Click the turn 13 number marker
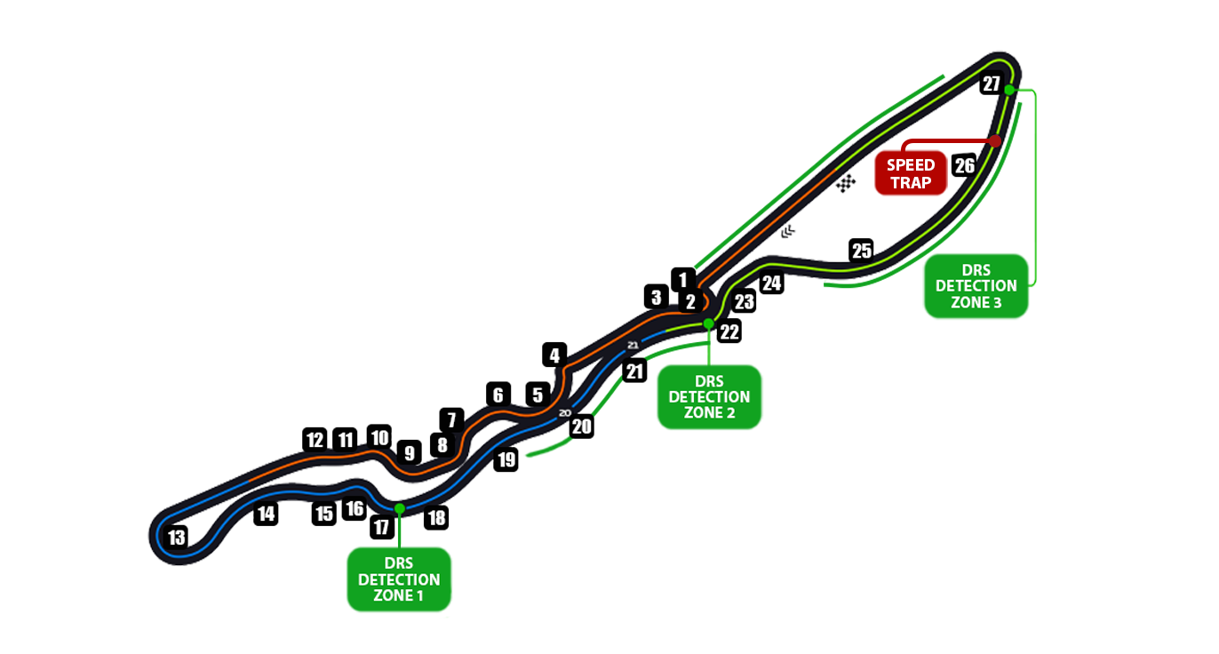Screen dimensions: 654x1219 pos(177,538)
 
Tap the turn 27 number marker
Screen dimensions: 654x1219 pos(991,84)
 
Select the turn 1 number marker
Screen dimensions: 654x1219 pos(682,278)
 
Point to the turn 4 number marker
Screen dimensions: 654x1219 pos(554,356)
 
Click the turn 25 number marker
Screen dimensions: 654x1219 pos(861,251)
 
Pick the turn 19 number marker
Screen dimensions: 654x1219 pos(506,459)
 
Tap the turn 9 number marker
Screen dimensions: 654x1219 pos(409,452)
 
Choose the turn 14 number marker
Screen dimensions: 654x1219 pos(266,513)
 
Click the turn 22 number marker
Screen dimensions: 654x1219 pos(729,332)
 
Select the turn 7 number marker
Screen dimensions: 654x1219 pos(451,419)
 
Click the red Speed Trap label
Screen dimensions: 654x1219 pos(911,173)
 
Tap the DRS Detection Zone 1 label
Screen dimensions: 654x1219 pos(399,579)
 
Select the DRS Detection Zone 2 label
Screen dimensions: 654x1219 pos(709,397)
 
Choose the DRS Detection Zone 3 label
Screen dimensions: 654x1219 pos(976,286)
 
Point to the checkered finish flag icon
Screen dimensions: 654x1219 pos(846,182)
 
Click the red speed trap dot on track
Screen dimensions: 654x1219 pos(996,140)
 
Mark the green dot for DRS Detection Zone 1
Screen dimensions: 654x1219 pos(399,508)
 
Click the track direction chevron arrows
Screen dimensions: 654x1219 pos(788,232)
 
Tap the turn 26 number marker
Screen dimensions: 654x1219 pos(964,165)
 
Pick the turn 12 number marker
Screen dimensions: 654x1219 pos(315,439)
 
